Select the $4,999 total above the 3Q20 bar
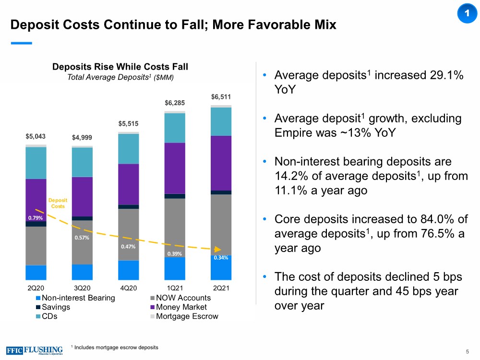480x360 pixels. coord(82,138)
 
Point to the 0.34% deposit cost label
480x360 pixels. coord(221,258)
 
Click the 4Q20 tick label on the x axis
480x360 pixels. coord(128,288)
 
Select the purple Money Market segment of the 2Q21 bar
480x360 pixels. coord(221,163)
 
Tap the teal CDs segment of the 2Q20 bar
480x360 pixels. coord(36,163)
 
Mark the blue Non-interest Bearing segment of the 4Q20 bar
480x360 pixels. coord(128,270)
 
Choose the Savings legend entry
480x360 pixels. coord(54,307)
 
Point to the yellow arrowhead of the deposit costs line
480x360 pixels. coord(217,250)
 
